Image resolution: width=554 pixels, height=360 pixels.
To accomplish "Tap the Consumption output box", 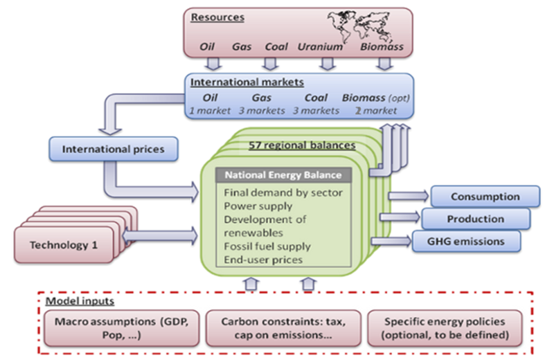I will coord(484,197).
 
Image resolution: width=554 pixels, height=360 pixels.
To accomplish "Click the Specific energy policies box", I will coord(443,327).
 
